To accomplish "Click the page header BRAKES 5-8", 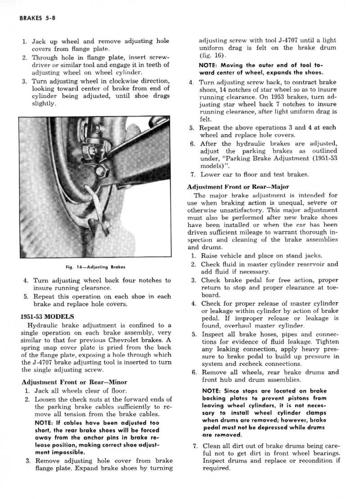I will coord(35,18).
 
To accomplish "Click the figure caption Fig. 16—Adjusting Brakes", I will coord(95,267).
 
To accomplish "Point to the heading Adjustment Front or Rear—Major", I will coord(238,186).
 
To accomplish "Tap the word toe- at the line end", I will coord(330,287).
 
